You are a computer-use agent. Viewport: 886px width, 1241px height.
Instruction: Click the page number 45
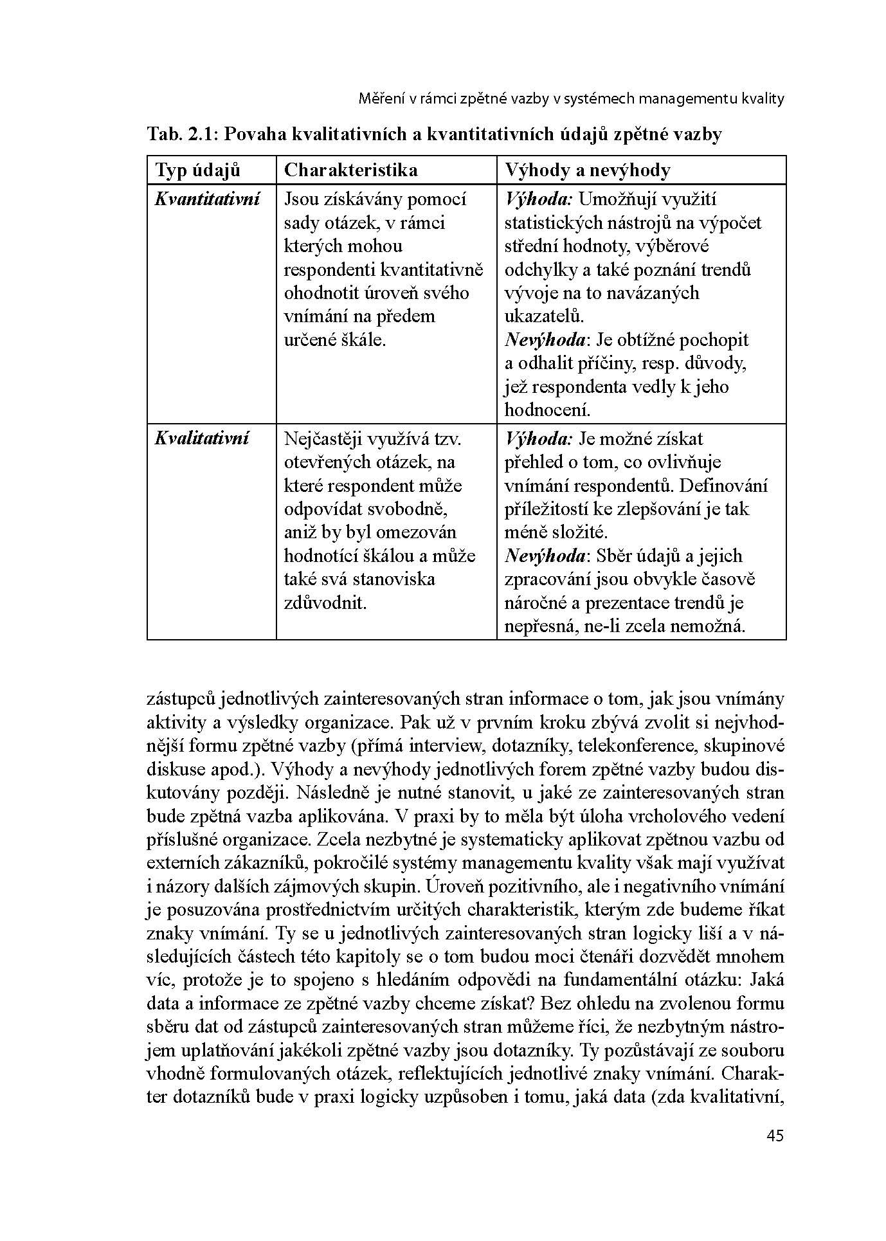pos(775,1136)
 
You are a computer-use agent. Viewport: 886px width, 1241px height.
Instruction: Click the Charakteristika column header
pos(350,170)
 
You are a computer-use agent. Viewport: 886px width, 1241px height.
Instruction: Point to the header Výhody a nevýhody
pos(587,170)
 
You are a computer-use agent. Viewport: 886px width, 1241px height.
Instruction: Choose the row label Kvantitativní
pos(207,199)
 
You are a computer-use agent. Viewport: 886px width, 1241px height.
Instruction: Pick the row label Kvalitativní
pos(201,439)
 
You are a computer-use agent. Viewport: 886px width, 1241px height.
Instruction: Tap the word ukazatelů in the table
pos(544,316)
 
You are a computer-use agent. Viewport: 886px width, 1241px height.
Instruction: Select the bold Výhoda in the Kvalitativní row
pos(538,439)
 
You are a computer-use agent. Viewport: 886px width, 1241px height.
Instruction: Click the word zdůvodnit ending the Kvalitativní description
pos(325,603)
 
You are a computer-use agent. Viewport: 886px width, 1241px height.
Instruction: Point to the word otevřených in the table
pos(327,462)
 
